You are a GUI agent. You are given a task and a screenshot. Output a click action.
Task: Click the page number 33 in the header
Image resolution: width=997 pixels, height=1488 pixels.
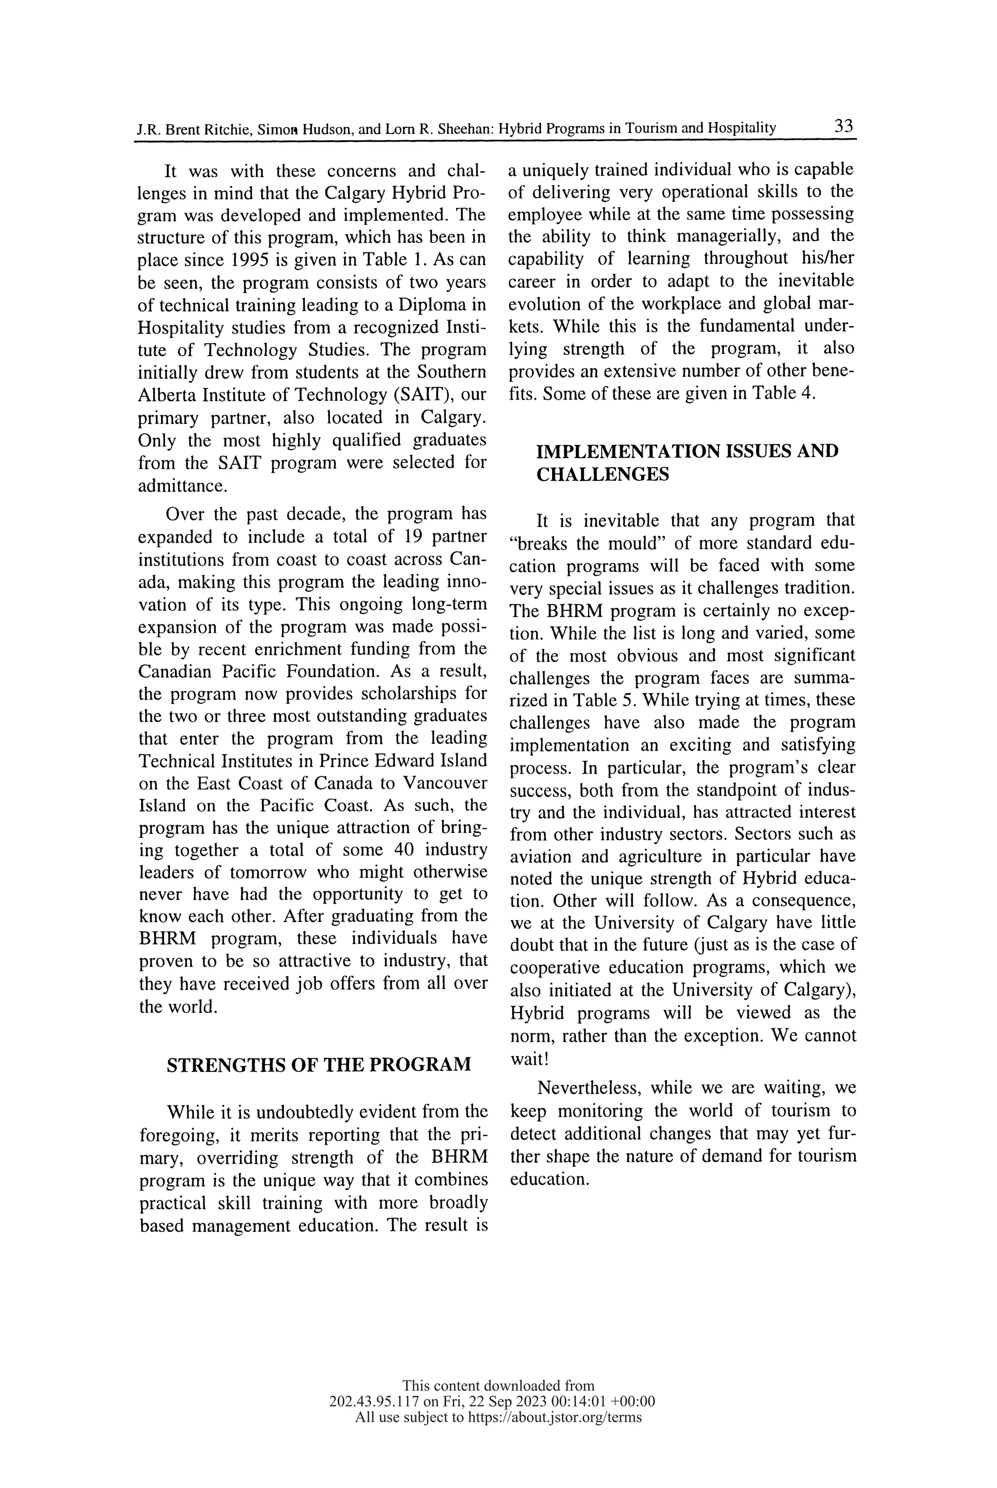[x=843, y=126]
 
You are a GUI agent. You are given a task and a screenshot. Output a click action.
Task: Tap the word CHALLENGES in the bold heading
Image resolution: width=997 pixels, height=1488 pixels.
[x=603, y=474]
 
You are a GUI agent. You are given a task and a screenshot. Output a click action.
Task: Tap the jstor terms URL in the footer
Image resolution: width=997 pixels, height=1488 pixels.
[x=554, y=1417]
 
